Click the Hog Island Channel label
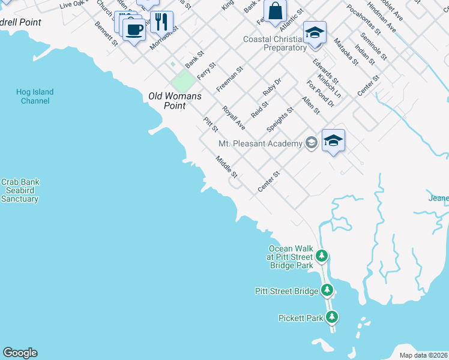[x=35, y=97]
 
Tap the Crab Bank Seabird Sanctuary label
[x=20, y=190]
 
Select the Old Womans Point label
[x=175, y=101]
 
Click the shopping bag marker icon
[x=275, y=11]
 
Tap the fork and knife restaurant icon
[x=161, y=22]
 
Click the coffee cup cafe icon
[x=134, y=28]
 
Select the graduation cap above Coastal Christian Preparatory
[x=314, y=33]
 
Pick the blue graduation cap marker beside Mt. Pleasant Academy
[x=333, y=140]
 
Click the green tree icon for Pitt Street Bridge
[x=327, y=291]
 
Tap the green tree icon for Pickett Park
[x=332, y=317]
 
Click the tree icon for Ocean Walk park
[x=322, y=256]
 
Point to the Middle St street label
[x=228, y=167]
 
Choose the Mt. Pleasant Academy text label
[x=261, y=143]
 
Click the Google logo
[x=20, y=353]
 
